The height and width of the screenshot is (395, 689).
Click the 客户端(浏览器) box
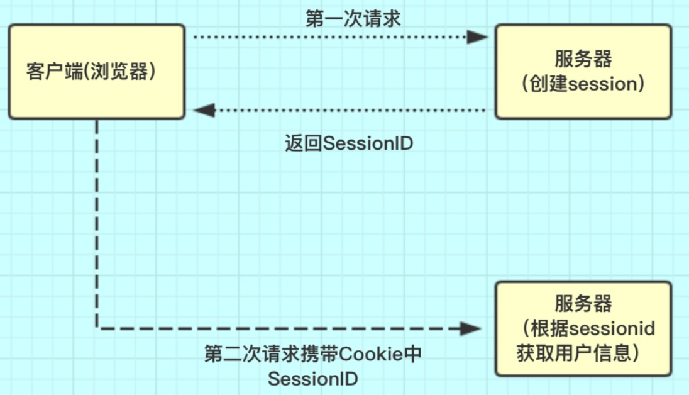(96, 71)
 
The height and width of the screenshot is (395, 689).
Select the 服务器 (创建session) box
(583, 71)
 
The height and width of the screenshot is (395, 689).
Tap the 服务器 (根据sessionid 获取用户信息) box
(583, 329)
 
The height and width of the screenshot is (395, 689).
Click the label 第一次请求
(353, 19)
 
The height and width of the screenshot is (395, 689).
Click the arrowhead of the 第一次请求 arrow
(478, 37)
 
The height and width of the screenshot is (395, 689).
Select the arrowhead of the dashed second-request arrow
(472, 328)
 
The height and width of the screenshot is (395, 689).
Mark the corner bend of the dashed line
(97, 328)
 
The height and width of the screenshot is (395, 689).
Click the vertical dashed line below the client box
(97, 220)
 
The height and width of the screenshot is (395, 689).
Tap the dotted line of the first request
(327, 37)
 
